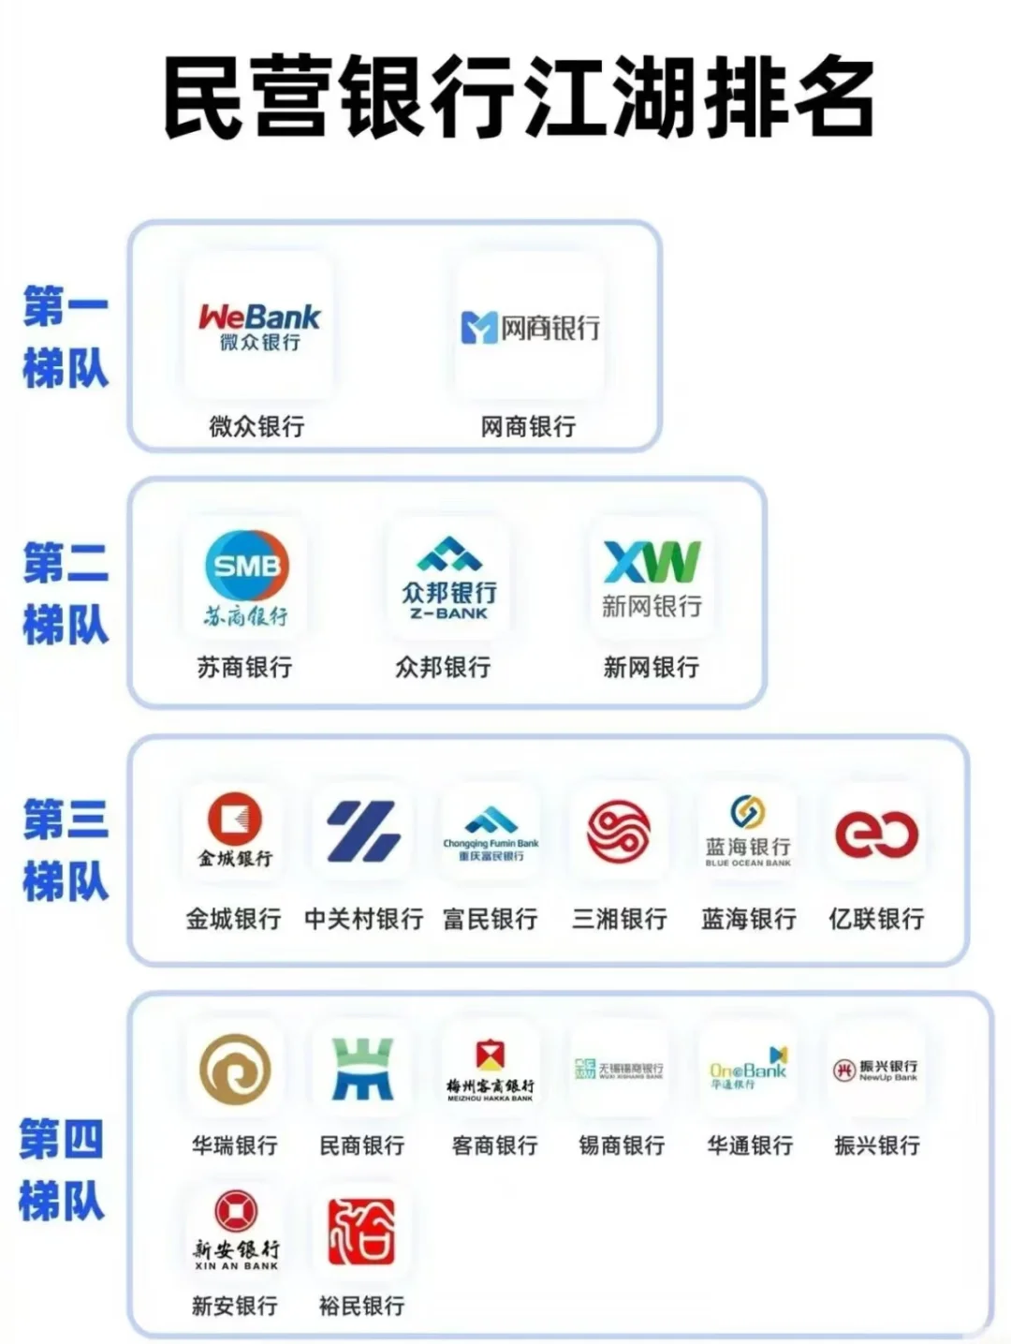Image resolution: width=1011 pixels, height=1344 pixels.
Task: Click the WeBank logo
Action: coord(259,327)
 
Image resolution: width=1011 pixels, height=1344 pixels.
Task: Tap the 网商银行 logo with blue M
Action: coord(530,328)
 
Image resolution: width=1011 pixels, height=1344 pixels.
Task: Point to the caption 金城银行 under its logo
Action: coord(233,919)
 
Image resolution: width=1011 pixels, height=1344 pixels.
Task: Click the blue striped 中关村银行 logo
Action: coord(363,831)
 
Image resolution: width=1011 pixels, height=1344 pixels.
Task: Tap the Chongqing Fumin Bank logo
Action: coord(491,833)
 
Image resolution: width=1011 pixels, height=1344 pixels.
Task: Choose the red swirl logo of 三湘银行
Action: coord(619,831)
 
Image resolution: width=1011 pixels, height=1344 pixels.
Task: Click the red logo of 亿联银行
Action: coord(876,833)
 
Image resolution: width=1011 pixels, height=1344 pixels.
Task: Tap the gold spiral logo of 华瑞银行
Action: coord(235,1069)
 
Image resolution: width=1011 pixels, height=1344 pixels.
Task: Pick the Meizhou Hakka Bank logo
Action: coord(491,1070)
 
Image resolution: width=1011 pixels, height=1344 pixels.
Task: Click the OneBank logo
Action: coord(748,1069)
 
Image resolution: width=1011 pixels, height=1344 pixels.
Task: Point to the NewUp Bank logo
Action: coord(875,1070)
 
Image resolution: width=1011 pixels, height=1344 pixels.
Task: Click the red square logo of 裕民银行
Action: coord(361,1231)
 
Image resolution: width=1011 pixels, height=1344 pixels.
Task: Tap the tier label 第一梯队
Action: coord(66,337)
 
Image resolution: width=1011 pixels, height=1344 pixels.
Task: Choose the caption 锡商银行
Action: coord(622,1145)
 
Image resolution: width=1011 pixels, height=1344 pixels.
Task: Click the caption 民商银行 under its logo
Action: coord(362,1145)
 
